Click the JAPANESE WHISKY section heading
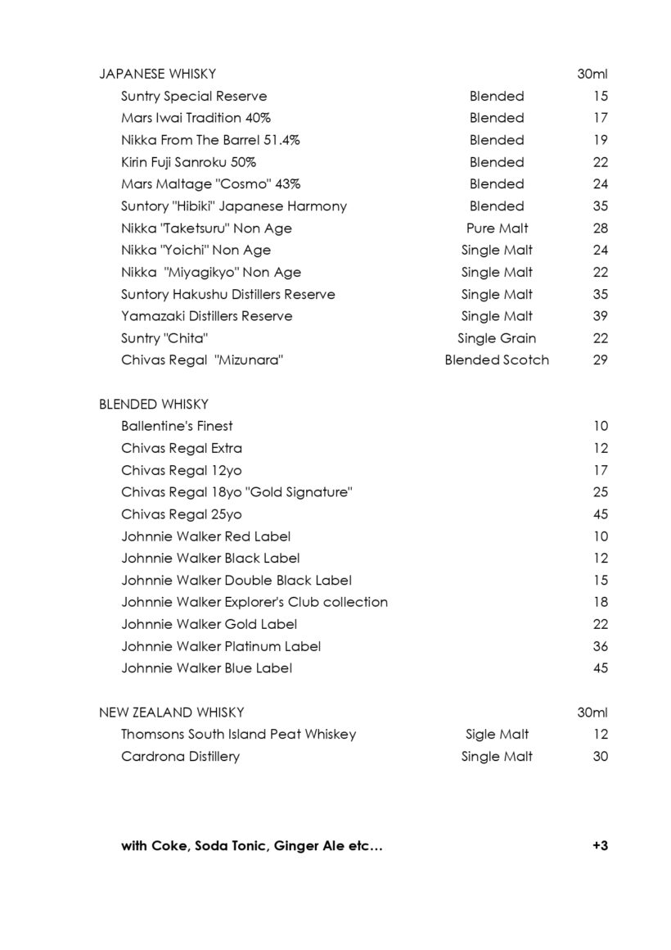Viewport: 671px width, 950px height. (157, 74)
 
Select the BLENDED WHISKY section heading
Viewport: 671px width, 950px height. (153, 404)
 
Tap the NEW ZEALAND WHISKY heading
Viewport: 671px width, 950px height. (171, 712)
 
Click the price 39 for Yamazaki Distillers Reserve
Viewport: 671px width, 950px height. (601, 316)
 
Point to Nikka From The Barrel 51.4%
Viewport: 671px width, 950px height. (210, 140)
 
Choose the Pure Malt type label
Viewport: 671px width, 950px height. (497, 228)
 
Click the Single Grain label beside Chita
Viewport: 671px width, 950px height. (497, 337)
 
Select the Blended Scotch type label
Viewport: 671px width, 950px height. (497, 360)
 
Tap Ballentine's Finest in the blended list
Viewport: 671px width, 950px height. (177, 426)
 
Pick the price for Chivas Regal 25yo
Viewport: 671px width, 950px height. (601, 514)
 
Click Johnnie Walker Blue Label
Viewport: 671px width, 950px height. (206, 668)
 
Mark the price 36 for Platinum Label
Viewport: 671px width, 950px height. (601, 646)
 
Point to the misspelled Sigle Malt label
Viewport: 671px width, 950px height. (497, 735)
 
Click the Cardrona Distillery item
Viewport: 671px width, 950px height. (180, 757)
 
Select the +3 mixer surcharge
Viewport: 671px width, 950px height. (600, 846)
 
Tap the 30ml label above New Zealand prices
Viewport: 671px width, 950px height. (592, 712)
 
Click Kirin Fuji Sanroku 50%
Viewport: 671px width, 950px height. (188, 162)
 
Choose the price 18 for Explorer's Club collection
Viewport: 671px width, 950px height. (601, 602)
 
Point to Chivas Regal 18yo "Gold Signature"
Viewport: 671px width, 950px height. (236, 492)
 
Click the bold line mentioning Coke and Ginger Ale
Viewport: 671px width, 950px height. (252, 846)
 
